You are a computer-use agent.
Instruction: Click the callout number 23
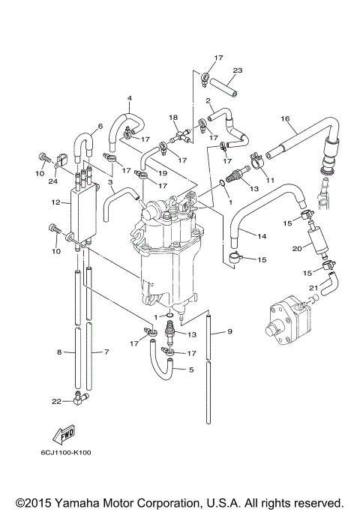point(237,71)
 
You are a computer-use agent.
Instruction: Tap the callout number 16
point(284,118)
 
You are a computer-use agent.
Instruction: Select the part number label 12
point(55,202)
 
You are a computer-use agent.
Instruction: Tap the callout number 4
point(129,98)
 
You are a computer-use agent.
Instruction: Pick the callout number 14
point(262,236)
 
